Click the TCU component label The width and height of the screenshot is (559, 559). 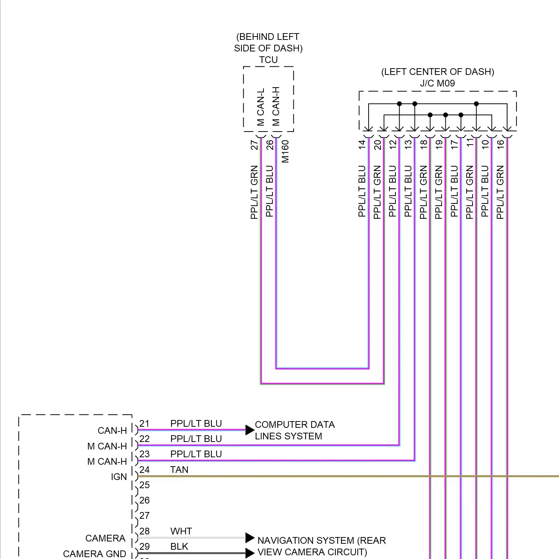pyautogui.click(x=268, y=60)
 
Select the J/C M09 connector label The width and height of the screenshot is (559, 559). pyautogui.click(x=437, y=83)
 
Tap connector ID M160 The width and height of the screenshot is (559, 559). pyautogui.click(x=285, y=151)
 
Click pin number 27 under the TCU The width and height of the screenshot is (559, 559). pyautogui.click(x=254, y=145)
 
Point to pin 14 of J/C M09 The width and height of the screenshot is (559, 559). pyautogui.click(x=362, y=145)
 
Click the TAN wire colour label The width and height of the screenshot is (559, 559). pyautogui.click(x=179, y=470)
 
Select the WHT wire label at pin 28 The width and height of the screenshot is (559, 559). pyautogui.click(x=181, y=531)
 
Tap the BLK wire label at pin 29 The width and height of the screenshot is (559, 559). pyautogui.click(x=179, y=546)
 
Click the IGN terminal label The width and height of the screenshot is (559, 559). pyautogui.click(x=119, y=477)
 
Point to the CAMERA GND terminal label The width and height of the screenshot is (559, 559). pyautogui.click(x=95, y=554)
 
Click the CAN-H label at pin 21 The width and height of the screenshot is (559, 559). pyautogui.click(x=112, y=430)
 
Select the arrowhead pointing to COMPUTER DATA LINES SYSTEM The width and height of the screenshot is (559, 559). pyautogui.click(x=250, y=430)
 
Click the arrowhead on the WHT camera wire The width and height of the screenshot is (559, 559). pyautogui.click(x=250, y=538)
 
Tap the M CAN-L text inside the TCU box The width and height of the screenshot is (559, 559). pyautogui.click(x=260, y=107)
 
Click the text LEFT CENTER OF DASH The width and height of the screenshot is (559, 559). pyautogui.click(x=438, y=72)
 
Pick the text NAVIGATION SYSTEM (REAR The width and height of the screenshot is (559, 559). pyautogui.click(x=322, y=540)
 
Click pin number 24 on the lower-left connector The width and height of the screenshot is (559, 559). pyautogui.click(x=145, y=470)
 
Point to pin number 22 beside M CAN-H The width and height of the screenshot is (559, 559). pyautogui.click(x=145, y=439)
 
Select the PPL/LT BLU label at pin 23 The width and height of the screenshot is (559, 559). pyautogui.click(x=196, y=454)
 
